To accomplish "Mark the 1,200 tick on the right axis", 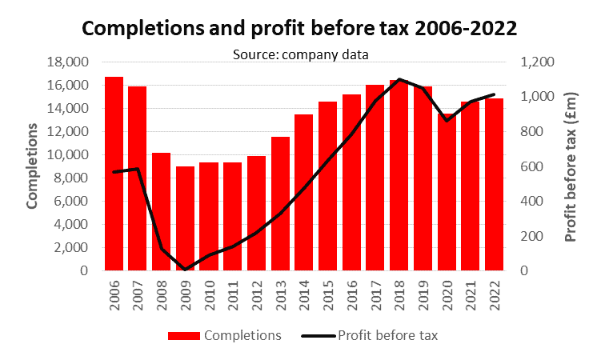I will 535,62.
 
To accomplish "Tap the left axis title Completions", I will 33,166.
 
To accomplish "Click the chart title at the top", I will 300,28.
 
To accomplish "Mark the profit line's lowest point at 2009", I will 185,270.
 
